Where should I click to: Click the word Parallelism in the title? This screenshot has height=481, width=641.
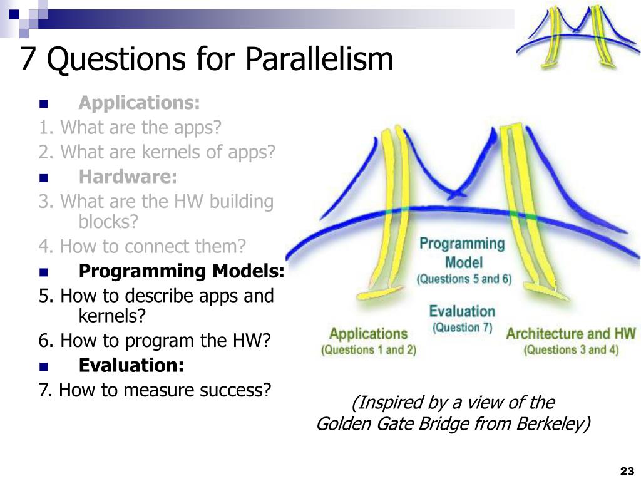[x=319, y=58]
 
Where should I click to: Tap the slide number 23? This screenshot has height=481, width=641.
[x=627, y=471]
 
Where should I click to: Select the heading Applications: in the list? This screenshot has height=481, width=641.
[x=139, y=103]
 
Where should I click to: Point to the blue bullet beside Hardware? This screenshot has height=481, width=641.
[x=43, y=178]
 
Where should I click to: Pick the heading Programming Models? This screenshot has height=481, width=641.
[x=182, y=271]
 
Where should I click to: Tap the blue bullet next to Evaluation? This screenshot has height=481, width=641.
[x=43, y=366]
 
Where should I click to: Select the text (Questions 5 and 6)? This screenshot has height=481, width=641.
[x=464, y=279]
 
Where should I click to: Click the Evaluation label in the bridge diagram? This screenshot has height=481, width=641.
[x=462, y=311]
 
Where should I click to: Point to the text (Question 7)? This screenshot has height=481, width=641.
[x=462, y=328]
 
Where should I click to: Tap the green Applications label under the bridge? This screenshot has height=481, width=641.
[x=368, y=334]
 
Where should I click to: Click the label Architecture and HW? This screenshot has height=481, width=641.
[x=571, y=334]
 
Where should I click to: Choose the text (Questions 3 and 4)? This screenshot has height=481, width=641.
[x=571, y=349]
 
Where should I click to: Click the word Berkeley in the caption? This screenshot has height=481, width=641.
[x=553, y=423]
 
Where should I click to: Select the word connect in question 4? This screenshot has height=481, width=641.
[x=159, y=246]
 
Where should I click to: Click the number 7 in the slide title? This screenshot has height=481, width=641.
[x=27, y=58]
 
